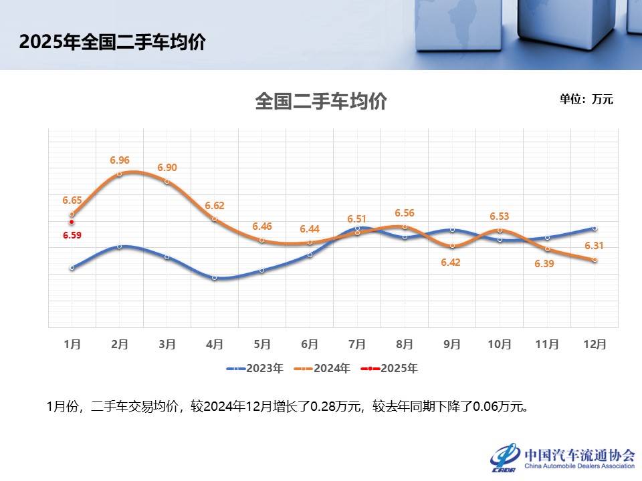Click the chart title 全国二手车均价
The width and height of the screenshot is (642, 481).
(x=321, y=102)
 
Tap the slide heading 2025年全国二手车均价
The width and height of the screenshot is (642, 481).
(x=112, y=42)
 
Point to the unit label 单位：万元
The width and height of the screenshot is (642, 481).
(x=586, y=100)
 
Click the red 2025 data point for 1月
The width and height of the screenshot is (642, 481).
(x=72, y=222)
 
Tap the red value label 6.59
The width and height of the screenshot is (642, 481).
(x=72, y=235)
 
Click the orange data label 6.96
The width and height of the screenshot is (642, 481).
(x=120, y=160)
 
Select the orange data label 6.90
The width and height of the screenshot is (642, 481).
(x=167, y=168)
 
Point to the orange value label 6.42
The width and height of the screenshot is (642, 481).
(x=451, y=262)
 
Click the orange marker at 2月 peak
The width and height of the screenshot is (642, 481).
(x=120, y=174)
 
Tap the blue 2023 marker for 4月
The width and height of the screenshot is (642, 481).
(x=215, y=277)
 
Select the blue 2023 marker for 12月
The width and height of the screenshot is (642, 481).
(x=595, y=228)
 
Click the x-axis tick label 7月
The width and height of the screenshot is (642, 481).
(x=357, y=344)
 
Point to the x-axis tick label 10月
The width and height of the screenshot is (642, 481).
(x=500, y=344)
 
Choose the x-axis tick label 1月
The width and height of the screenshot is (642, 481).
(x=72, y=344)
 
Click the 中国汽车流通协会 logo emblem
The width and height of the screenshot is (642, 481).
(x=506, y=457)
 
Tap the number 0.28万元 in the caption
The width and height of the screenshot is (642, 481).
(x=336, y=406)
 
